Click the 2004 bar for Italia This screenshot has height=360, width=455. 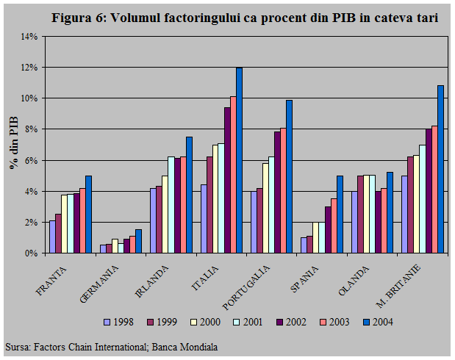(x=239, y=160)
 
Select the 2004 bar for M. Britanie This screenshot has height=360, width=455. (x=440, y=169)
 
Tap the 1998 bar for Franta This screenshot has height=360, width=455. (x=52, y=237)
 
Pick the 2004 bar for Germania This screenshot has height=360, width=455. (x=138, y=241)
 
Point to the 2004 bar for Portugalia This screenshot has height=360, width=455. (x=289, y=176)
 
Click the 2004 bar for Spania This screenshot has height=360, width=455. (x=340, y=214)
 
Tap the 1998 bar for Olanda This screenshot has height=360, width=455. (x=354, y=222)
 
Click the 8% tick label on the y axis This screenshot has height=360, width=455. (x=31, y=129)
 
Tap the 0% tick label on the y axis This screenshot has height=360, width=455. (x=31, y=253)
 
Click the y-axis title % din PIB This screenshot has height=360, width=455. (x=13, y=143)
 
